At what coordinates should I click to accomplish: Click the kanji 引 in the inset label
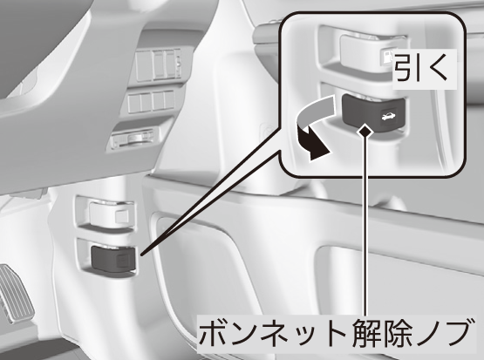pos(407,69)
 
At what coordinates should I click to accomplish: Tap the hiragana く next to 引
pos(438,69)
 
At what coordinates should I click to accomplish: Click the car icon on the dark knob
pos(386,117)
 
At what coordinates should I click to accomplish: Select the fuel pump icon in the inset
pos(386,58)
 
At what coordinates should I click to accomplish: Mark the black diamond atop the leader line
pos(365,132)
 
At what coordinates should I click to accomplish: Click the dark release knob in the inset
pos(373,112)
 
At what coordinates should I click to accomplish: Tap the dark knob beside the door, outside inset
pos(113,258)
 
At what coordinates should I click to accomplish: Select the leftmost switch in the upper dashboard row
pos(143,65)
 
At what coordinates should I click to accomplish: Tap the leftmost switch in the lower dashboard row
pos(133,103)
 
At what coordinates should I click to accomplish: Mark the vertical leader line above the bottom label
pos(365,225)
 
